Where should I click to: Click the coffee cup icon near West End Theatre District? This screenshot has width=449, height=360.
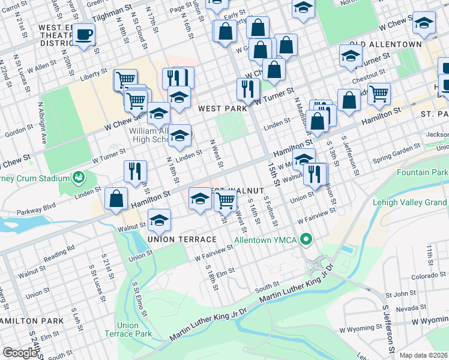(x=85, y=34)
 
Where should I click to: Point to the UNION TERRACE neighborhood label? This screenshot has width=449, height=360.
(x=178, y=239)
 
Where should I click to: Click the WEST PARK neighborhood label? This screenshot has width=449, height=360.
(x=222, y=109)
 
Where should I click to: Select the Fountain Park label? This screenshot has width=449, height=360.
(x=423, y=172)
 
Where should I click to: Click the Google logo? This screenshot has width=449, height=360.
(x=20, y=353)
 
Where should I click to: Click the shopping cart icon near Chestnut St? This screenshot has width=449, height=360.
(x=379, y=93)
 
